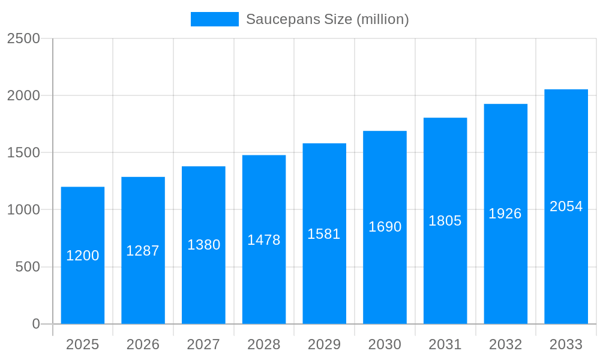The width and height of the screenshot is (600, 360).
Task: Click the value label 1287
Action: click(x=143, y=251)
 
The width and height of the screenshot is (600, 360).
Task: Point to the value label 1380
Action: click(x=204, y=245)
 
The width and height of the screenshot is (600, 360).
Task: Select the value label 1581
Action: click(x=324, y=234)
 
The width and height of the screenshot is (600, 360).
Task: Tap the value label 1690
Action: click(x=385, y=227)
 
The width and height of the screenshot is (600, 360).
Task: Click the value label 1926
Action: click(x=505, y=214)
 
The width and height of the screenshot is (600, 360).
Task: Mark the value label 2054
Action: click(x=566, y=206)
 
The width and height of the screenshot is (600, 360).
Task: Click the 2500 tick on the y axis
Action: click(x=23, y=38)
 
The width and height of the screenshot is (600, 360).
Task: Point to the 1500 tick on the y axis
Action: click(x=23, y=152)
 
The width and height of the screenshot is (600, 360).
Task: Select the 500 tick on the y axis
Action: click(x=28, y=266)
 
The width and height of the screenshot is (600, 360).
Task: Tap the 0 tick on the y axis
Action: click(x=36, y=324)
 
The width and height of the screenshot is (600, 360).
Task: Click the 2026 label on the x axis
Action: click(x=143, y=344)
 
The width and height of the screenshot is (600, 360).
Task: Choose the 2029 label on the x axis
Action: click(x=324, y=344)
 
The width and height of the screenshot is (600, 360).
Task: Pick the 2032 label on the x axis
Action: click(x=505, y=344)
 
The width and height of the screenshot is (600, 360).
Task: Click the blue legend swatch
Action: click(x=214, y=19)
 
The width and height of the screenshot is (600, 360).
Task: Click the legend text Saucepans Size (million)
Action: click(x=327, y=19)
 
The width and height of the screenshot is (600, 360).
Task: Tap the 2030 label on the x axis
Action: click(x=385, y=344)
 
